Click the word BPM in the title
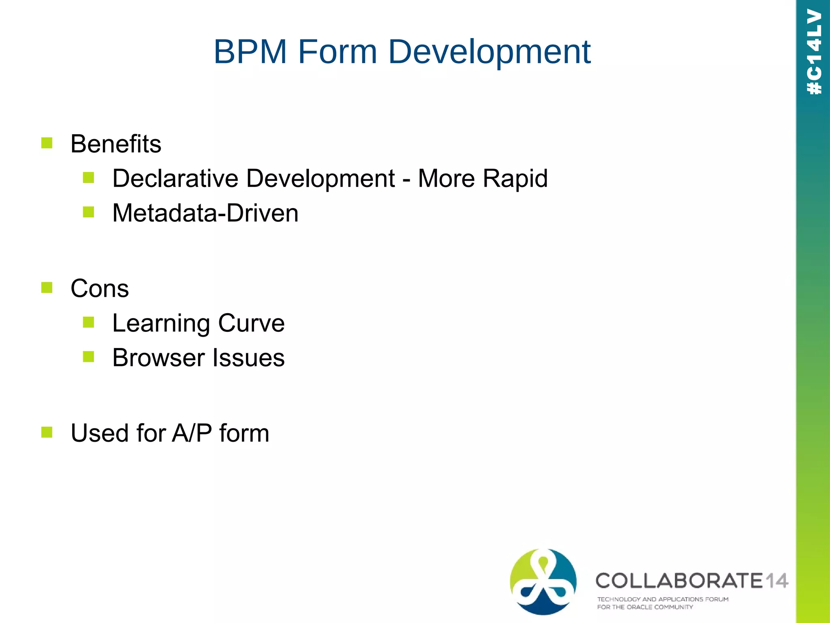click(250, 52)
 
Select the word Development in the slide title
click(489, 53)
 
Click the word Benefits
click(116, 144)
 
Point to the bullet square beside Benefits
click(47, 143)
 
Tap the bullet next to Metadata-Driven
click(88, 212)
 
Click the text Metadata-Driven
click(205, 213)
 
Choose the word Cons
click(100, 289)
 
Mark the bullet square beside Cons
click(47, 288)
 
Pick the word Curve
click(251, 323)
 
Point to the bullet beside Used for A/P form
click(47, 432)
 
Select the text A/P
click(192, 433)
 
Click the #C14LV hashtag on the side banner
click(814, 52)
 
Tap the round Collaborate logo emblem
click(543, 581)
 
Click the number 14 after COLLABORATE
click(776, 581)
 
